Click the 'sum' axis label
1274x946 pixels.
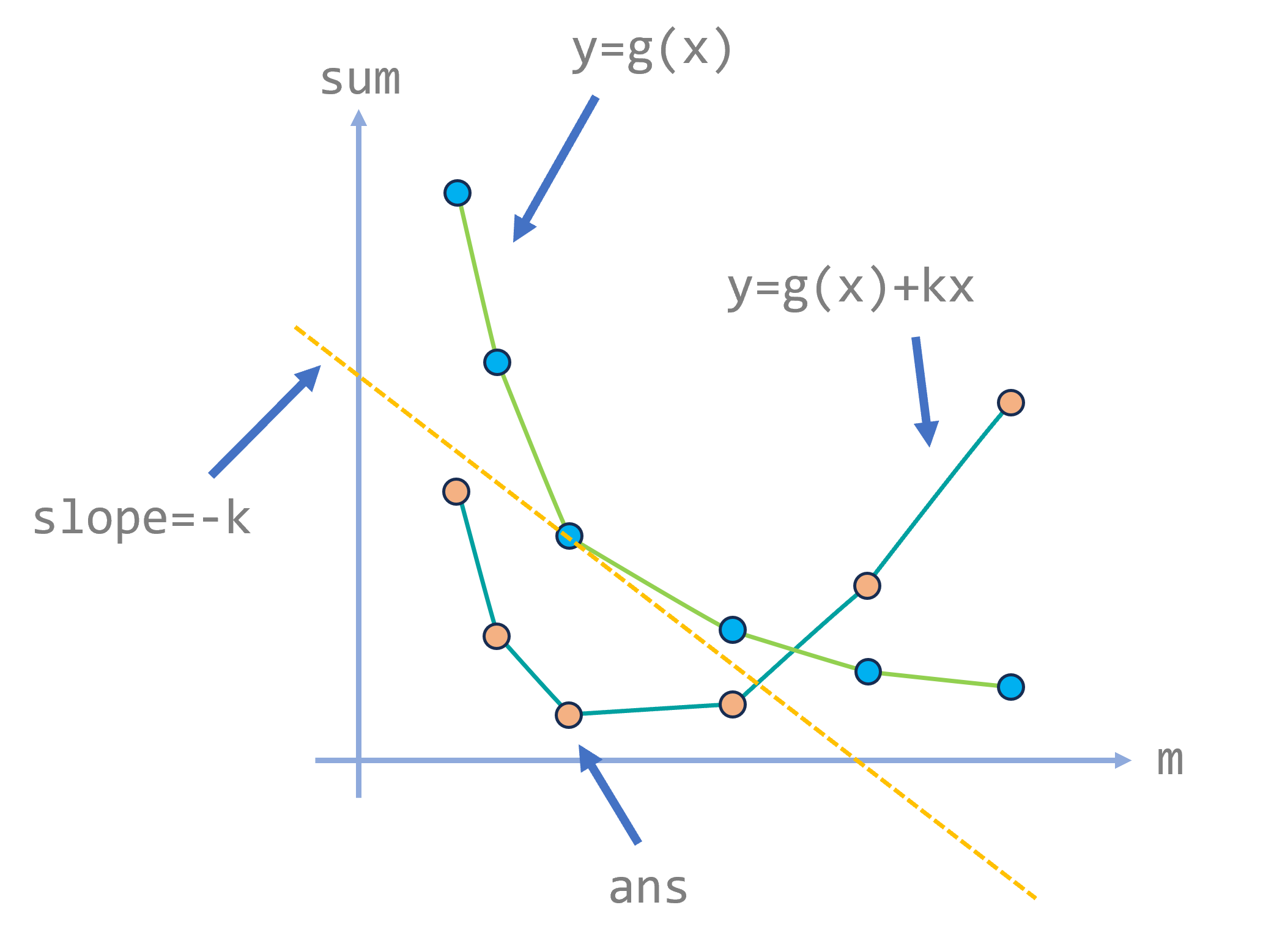[x=360, y=80]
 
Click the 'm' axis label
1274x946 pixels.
[x=1169, y=761]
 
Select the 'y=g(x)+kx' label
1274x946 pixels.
[x=850, y=287]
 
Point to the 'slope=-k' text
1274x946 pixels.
[x=141, y=519]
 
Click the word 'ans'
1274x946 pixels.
[x=648, y=888]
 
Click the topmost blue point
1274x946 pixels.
[x=457, y=193]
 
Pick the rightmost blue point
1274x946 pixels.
[x=1010, y=687]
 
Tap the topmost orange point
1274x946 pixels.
[x=1010, y=402]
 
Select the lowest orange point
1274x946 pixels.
[x=569, y=714]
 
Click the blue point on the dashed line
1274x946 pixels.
[x=569, y=536]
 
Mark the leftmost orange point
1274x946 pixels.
[x=456, y=491]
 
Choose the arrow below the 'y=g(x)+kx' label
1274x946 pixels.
[x=923, y=391]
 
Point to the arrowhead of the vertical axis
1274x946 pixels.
[x=358, y=117]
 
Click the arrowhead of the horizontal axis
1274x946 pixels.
[x=1123, y=760]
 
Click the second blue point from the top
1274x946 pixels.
[x=497, y=362]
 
